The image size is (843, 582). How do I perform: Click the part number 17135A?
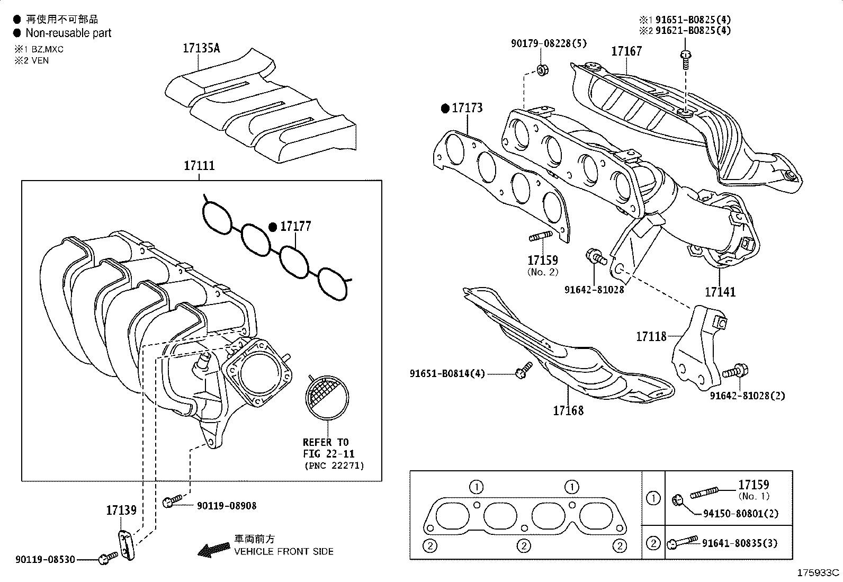click(x=201, y=48)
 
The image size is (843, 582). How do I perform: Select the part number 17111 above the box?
click(x=199, y=166)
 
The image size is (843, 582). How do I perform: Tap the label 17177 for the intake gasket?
click(x=295, y=227)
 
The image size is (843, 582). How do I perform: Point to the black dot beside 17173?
click(x=445, y=109)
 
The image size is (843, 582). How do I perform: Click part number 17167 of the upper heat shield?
click(x=626, y=51)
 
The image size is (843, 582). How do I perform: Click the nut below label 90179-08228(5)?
click(x=542, y=70)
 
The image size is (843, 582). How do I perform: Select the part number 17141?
click(x=720, y=292)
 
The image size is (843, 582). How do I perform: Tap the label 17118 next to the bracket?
click(x=651, y=336)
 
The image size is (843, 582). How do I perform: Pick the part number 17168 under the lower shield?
click(x=568, y=410)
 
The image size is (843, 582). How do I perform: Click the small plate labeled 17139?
click(x=124, y=545)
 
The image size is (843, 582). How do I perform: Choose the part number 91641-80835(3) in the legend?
click(x=740, y=543)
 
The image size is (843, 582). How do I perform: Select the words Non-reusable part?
click(x=68, y=33)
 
